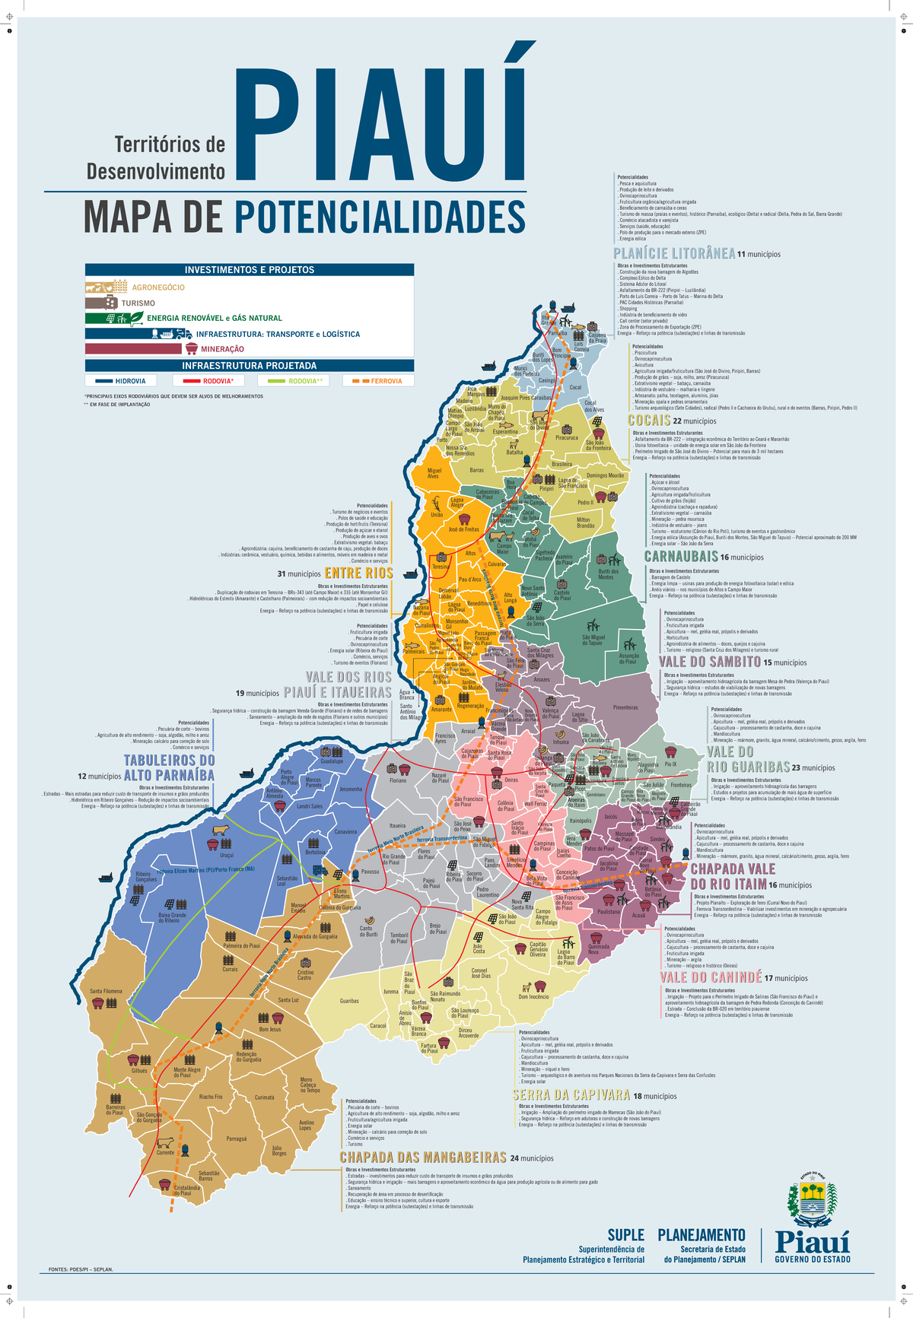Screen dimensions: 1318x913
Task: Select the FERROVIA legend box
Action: [377, 381]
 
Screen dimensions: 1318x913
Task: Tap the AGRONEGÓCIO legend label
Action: [158, 287]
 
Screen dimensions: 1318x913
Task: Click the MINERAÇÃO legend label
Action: [222, 349]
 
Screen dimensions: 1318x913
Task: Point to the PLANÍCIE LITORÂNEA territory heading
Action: [674, 253]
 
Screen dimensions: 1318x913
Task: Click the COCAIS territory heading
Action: [649, 420]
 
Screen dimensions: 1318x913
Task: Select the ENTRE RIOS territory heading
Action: [358, 573]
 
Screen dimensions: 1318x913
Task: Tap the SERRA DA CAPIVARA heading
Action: [571, 1095]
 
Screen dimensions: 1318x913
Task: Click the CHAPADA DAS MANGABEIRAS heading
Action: [423, 1158]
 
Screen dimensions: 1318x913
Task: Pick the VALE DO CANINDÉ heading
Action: [710, 977]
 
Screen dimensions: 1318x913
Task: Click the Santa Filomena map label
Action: [106, 991]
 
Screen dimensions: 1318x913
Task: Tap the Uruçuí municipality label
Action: [227, 856]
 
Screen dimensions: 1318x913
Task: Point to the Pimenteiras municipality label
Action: [625, 707]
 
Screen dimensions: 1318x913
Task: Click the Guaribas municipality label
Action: [349, 1001]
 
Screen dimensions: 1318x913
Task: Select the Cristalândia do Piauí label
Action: [187, 1190]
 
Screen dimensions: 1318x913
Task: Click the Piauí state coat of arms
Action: [812, 1199]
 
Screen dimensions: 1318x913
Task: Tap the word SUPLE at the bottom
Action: [625, 1235]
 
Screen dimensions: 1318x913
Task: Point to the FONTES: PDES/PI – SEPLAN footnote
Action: [81, 1269]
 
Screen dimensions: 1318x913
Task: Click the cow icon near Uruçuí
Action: [221, 830]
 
